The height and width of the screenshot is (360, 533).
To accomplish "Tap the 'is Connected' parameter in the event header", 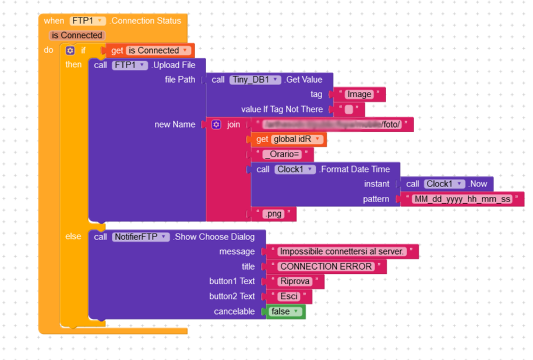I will [x=77, y=36].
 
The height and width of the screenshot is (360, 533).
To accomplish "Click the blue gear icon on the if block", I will [x=70, y=51].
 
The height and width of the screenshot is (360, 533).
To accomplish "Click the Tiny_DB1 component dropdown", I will [x=255, y=80].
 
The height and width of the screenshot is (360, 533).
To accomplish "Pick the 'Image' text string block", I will [x=359, y=94].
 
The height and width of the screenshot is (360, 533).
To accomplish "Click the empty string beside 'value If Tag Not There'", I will [x=348, y=110].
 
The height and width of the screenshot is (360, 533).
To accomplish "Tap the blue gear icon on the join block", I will [x=216, y=125].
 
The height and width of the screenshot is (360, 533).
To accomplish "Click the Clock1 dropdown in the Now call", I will [x=445, y=184].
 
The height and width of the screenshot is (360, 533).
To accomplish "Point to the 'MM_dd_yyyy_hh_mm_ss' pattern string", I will [x=461, y=199].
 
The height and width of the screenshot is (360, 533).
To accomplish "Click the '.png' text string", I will [x=273, y=214].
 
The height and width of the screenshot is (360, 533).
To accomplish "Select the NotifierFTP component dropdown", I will [x=140, y=237].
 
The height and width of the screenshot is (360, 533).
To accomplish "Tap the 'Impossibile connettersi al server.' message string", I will [x=341, y=252].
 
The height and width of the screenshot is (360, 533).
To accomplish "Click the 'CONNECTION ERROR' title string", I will [x=326, y=267].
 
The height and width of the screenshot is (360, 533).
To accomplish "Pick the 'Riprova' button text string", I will [x=295, y=281].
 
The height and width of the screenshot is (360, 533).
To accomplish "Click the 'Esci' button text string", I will [x=289, y=297].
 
